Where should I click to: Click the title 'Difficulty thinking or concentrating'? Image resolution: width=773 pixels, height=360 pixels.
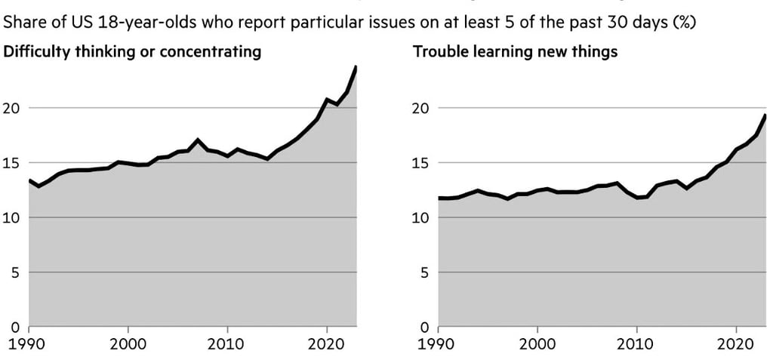coord(133,52)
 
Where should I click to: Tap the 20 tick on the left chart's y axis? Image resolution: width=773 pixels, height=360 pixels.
coord(13,108)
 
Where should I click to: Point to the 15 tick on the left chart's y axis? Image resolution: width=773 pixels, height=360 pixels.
coord(13,163)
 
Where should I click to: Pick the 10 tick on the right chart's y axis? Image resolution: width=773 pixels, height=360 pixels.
coord(422,218)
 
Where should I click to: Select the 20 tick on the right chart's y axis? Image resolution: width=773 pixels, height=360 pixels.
coord(422,108)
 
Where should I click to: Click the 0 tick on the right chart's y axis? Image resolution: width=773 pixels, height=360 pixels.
coord(426,328)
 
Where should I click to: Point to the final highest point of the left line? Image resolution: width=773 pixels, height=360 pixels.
coord(356,67)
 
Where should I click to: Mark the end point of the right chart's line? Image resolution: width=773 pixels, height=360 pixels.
coord(765,115)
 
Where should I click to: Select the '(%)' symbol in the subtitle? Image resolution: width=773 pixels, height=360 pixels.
coord(684,23)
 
